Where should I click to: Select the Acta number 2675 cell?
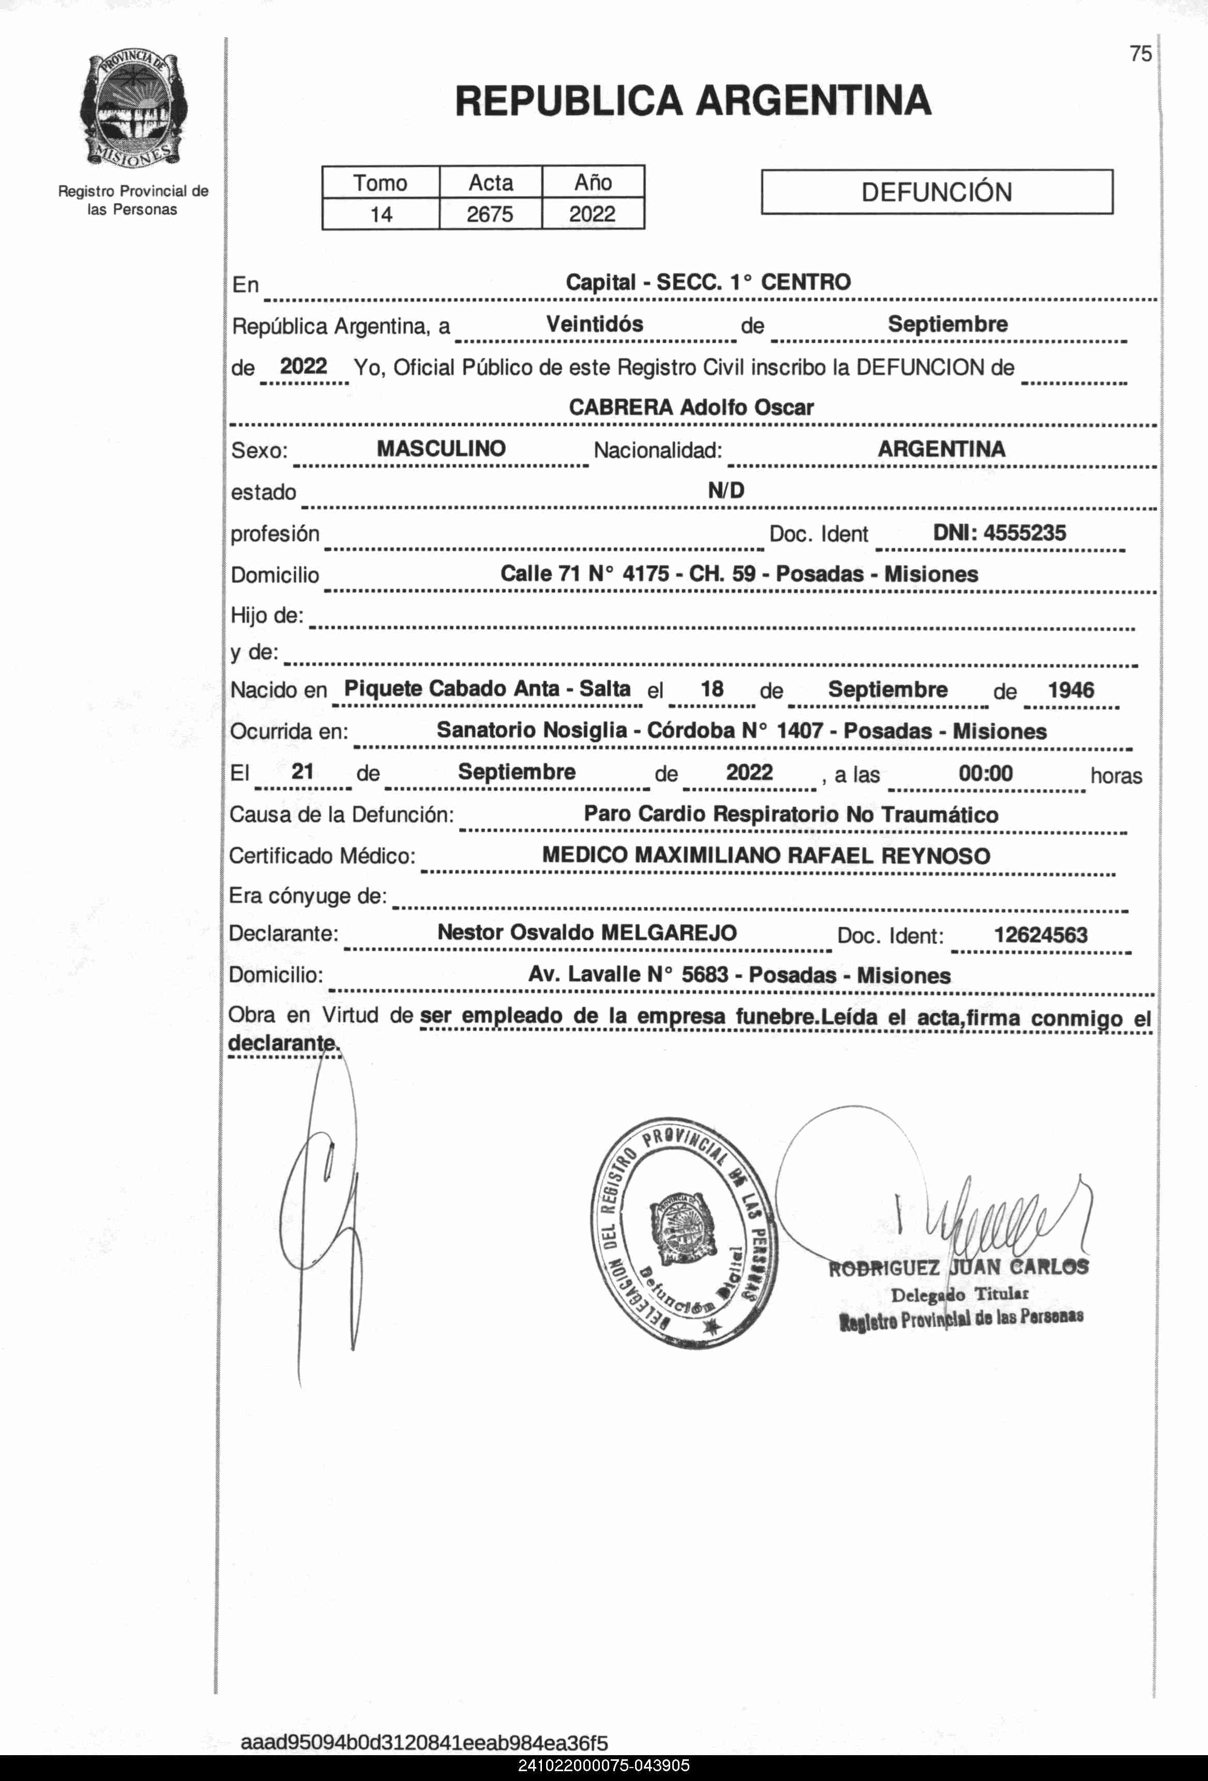(x=490, y=214)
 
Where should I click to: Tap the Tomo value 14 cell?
(x=381, y=214)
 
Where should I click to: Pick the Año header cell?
(x=593, y=182)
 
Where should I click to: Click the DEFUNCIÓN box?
(x=937, y=192)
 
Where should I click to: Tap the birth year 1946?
(x=1071, y=690)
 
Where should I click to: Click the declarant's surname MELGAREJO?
(x=669, y=933)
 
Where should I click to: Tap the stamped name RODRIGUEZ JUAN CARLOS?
(x=958, y=1268)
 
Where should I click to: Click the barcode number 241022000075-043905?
(x=604, y=1765)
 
